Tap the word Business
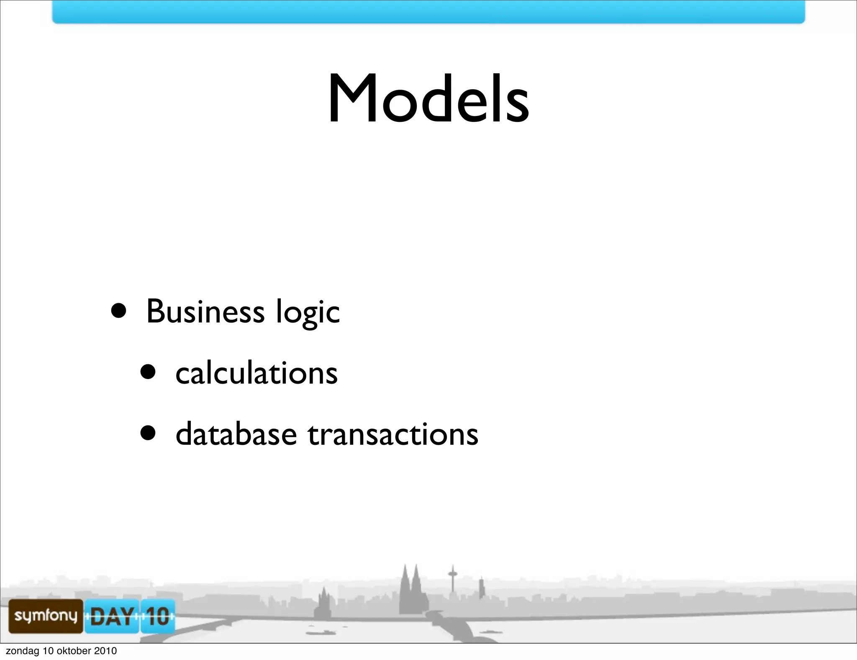205,312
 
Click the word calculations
256,373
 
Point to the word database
236,434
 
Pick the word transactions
393,435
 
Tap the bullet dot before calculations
148,371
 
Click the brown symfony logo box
46,616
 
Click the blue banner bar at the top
428,12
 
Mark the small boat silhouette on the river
320,632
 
